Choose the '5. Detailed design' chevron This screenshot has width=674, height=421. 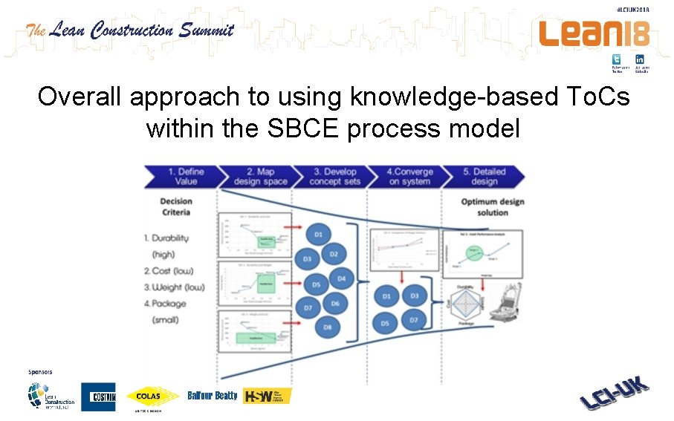coord(484,177)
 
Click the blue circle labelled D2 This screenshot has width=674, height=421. coord(334,254)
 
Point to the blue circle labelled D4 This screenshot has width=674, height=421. coord(341,279)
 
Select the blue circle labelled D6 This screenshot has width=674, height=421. coord(335,303)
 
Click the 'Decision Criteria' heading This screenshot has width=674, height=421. coord(176,206)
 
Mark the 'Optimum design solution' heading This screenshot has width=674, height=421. coord(493,207)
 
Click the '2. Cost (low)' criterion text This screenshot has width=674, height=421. coord(169,271)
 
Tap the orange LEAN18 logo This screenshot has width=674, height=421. coord(594,34)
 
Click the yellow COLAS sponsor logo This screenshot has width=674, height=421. coord(153,397)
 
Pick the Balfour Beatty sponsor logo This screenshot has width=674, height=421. coord(213,396)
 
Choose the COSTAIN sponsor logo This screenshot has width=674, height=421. coord(98,397)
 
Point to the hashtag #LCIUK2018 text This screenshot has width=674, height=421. coord(632,10)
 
